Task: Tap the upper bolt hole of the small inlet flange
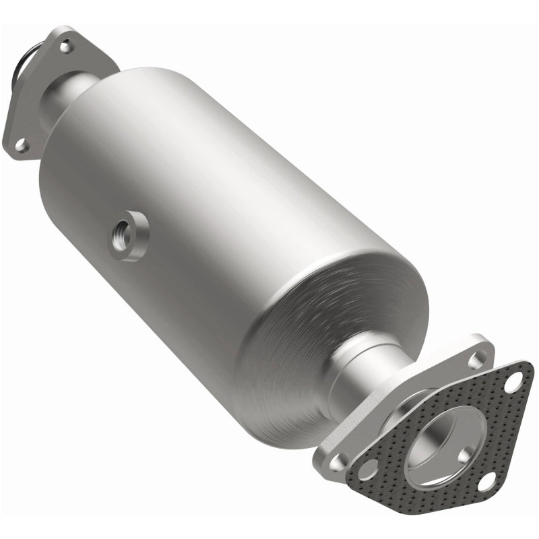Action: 65,47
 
